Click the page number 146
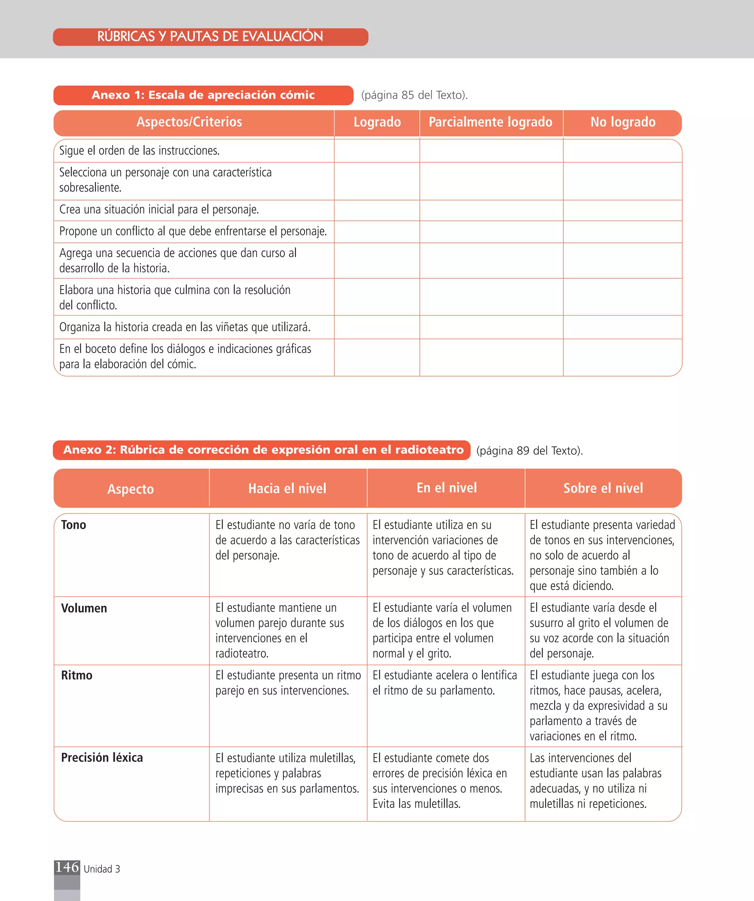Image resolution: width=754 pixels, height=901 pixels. click(x=67, y=867)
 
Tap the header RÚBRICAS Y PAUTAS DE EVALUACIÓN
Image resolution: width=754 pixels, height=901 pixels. click(x=210, y=37)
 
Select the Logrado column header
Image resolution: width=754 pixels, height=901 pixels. click(x=377, y=122)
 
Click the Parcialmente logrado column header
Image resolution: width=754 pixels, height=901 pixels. click(x=490, y=122)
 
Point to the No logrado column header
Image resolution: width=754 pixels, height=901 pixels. click(x=623, y=122)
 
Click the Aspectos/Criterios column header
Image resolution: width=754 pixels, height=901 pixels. click(x=189, y=122)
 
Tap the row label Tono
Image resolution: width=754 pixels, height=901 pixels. click(x=74, y=525)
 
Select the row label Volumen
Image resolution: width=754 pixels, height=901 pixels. click(x=84, y=608)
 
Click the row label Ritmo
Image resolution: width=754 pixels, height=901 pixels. click(x=77, y=675)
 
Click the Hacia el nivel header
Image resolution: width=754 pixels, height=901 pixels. click(x=287, y=488)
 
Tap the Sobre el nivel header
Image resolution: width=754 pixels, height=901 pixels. click(x=603, y=488)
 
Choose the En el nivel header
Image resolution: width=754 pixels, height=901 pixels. click(x=447, y=488)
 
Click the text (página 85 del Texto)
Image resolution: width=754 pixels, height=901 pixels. click(x=415, y=95)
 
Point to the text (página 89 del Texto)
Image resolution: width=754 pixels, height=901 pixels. click(x=529, y=451)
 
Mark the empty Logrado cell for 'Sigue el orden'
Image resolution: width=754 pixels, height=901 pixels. click(x=377, y=151)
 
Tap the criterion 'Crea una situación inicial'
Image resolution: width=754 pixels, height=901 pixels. click(x=159, y=210)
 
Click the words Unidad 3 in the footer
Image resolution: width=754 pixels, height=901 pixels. click(x=102, y=869)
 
